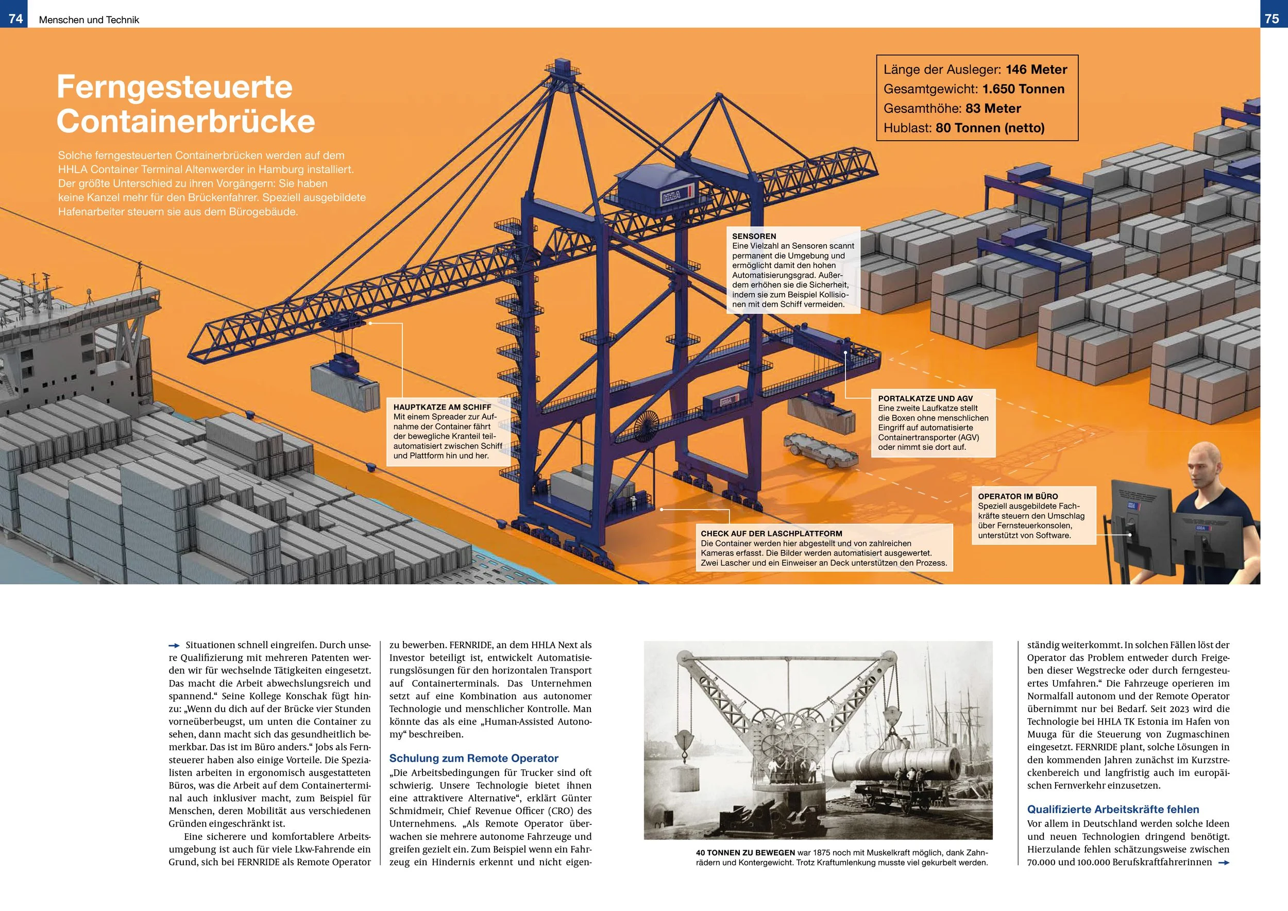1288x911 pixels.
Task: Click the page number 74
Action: pyautogui.click(x=15, y=19)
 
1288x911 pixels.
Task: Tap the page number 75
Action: pyautogui.click(x=1272, y=19)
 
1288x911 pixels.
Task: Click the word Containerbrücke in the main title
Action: pyautogui.click(x=185, y=121)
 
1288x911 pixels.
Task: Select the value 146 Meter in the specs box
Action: pyautogui.click(x=1036, y=70)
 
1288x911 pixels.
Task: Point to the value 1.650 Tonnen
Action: pyautogui.click(x=1023, y=89)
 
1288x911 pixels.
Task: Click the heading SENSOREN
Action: pyautogui.click(x=754, y=236)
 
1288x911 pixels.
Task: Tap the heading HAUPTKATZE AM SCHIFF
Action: pyautogui.click(x=442, y=407)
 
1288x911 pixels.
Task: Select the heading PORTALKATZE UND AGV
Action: pyautogui.click(x=926, y=398)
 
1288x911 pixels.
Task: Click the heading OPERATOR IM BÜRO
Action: pyautogui.click(x=1018, y=496)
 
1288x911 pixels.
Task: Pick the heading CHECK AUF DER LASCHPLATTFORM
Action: pyautogui.click(x=771, y=533)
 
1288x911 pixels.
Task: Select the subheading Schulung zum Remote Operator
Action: pyautogui.click(x=473, y=758)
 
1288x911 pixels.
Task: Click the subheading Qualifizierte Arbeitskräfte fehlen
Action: pyautogui.click(x=1113, y=809)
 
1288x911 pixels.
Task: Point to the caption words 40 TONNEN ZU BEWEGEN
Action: pyautogui.click(x=746, y=853)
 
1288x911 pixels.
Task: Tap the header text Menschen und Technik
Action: pyautogui.click(x=89, y=20)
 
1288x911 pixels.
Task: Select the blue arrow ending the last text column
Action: pyautogui.click(x=1225, y=863)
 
